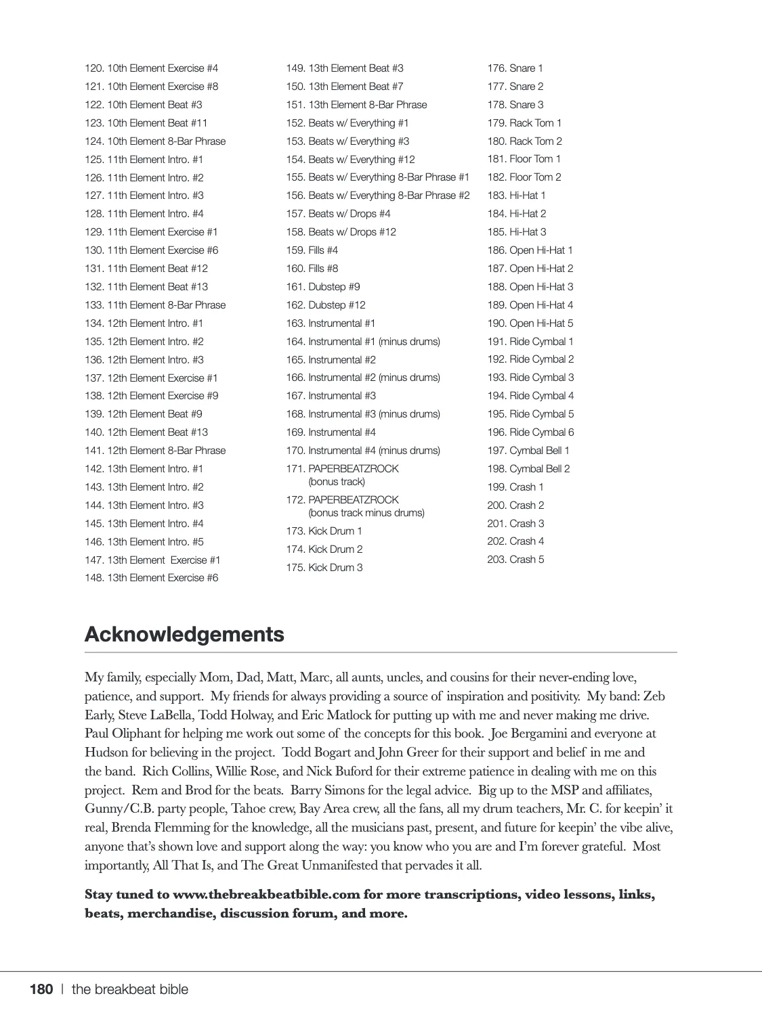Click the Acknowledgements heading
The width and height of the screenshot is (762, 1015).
[x=184, y=635]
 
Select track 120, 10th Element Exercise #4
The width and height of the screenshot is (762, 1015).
[x=151, y=68]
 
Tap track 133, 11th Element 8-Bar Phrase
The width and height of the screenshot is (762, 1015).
[x=155, y=305]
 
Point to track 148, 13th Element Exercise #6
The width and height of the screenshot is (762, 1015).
[x=151, y=578]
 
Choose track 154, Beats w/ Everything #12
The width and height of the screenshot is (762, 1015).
[x=350, y=160]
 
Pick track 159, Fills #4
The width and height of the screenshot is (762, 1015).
[x=312, y=250]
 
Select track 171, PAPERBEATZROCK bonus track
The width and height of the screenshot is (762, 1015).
[x=343, y=475]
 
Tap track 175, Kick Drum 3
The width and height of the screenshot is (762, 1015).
[x=324, y=568]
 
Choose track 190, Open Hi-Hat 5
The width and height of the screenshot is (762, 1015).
[x=530, y=323]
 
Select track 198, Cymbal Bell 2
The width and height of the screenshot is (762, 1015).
[x=528, y=469]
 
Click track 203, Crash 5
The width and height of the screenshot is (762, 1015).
[x=515, y=560]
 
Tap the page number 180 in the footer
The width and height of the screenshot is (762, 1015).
[x=41, y=989]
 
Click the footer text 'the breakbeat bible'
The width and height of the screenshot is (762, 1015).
[x=130, y=989]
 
